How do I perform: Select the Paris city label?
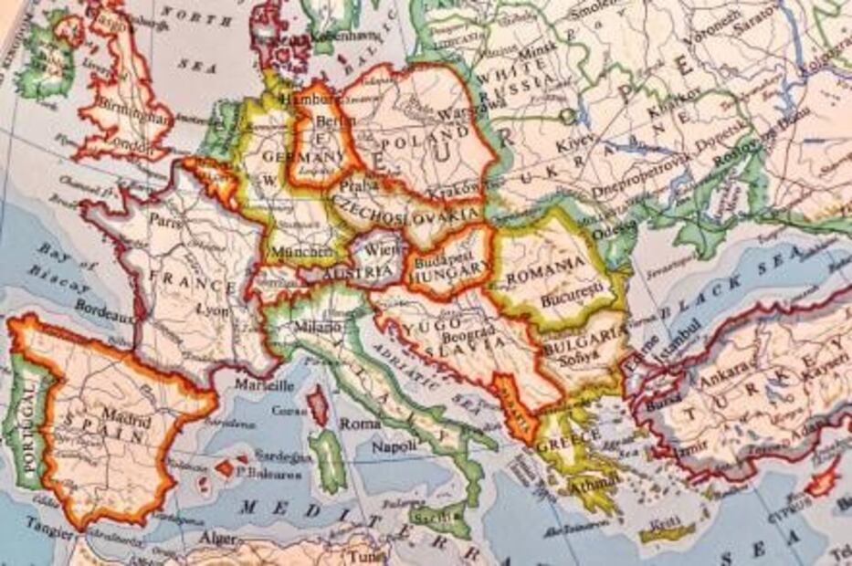click(162, 220)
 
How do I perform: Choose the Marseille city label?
click(265, 385)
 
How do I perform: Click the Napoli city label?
click(394, 447)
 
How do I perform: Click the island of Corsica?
click(317, 404)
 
